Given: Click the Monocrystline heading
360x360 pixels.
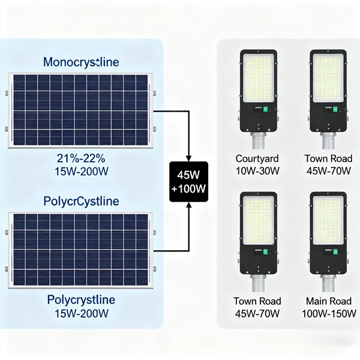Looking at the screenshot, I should click(x=81, y=62).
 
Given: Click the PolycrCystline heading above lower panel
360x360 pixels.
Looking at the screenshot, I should click(x=81, y=200).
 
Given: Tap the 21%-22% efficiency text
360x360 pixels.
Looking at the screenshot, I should click(x=82, y=158).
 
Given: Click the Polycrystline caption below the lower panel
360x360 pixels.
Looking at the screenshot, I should click(x=81, y=300).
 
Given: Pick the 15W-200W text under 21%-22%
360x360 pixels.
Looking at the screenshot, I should click(x=82, y=170).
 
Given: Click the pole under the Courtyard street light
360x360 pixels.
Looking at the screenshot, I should click(x=258, y=142).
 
